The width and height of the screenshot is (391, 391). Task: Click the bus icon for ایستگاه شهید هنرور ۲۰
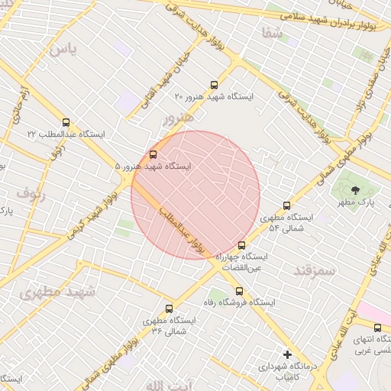coord(213,86)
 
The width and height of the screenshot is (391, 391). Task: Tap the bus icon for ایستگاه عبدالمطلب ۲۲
coord(66,122)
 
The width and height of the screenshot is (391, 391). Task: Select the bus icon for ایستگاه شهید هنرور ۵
coord(153,154)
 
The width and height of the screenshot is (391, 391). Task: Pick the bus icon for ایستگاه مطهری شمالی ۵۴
coord(286,205)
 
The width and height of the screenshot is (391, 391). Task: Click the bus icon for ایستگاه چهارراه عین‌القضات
coord(242,246)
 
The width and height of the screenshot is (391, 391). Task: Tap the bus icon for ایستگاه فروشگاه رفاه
coord(239,291)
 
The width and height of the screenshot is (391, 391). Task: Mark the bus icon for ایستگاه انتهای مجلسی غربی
coord(377,328)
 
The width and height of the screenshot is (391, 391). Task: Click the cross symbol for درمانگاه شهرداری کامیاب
coord(287,354)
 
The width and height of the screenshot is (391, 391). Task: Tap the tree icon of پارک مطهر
coord(354,189)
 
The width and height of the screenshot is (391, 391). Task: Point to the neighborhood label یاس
coord(63,50)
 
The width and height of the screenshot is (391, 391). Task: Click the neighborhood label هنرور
coord(179,119)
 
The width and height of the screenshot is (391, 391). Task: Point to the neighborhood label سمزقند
coord(315,271)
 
